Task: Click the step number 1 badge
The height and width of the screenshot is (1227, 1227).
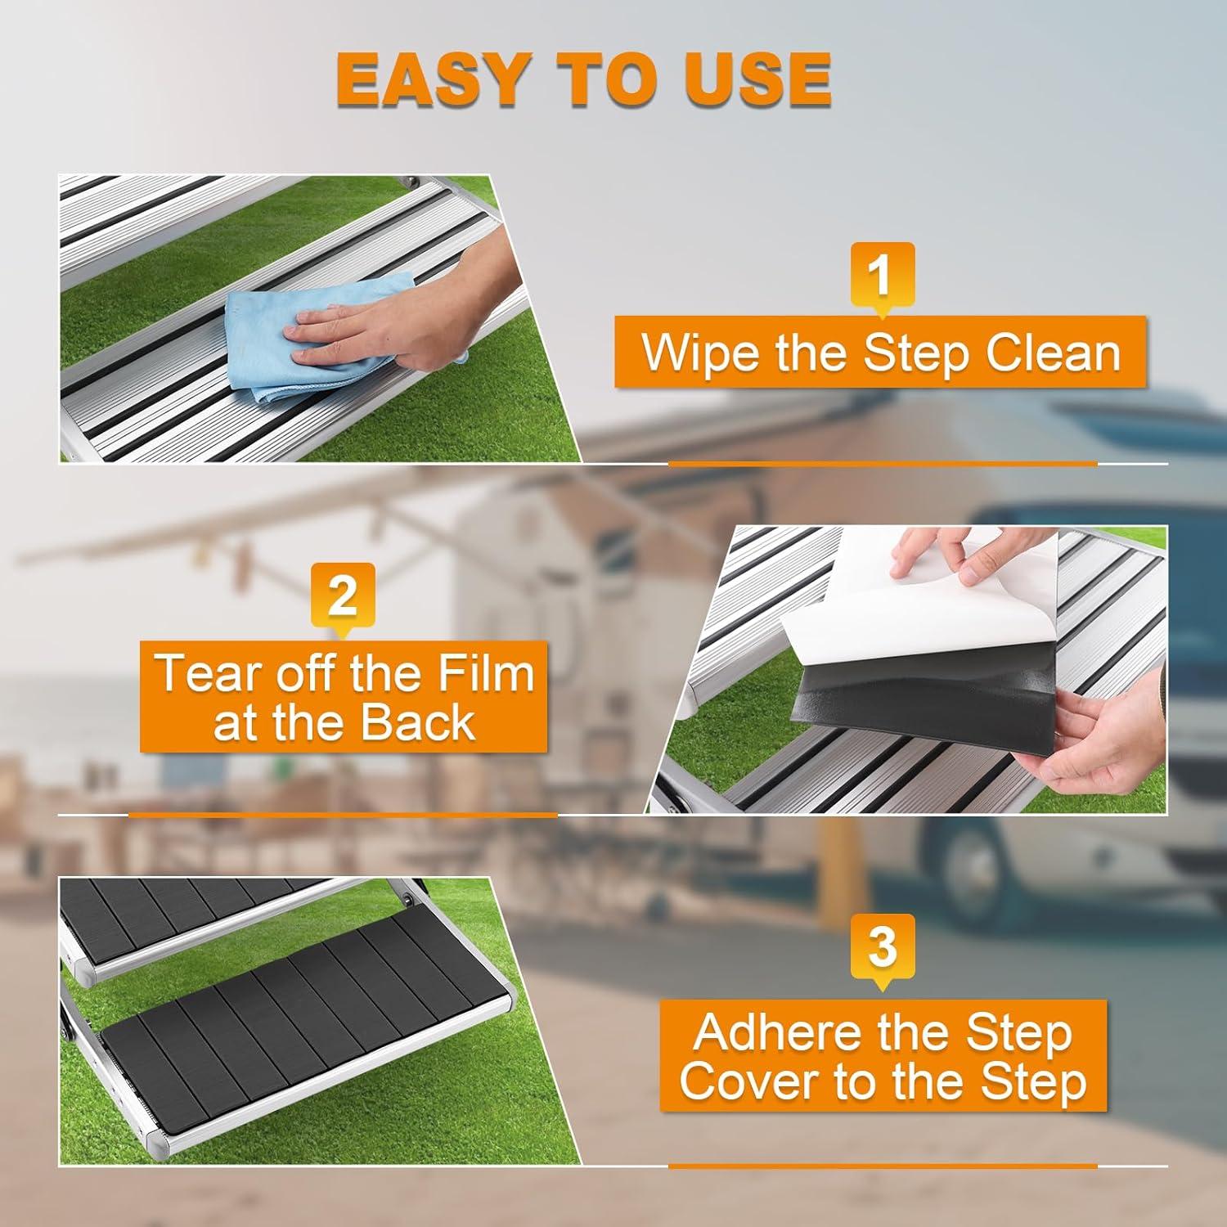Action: (x=881, y=275)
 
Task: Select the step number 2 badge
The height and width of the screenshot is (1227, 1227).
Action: (x=343, y=596)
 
